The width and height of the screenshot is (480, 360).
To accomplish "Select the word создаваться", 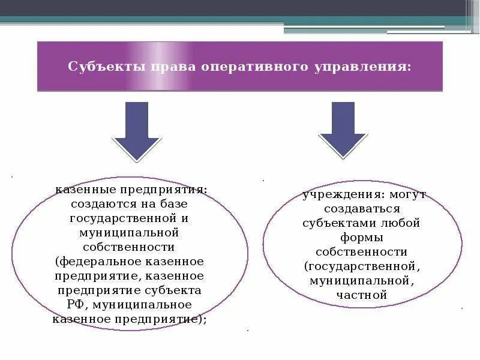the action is point(361,209).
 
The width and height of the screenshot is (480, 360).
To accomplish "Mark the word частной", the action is point(362,295).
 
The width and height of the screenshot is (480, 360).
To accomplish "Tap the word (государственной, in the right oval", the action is point(361,266).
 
